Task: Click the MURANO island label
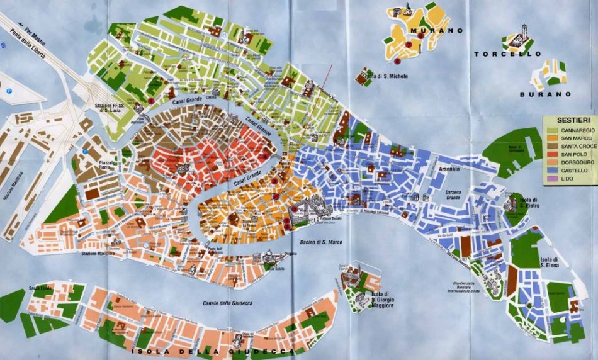[436, 30]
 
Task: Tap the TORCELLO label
[507, 54]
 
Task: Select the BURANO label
[545, 94]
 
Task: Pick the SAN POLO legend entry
[573, 154]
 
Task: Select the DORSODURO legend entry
[575, 162]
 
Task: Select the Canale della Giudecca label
[227, 303]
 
